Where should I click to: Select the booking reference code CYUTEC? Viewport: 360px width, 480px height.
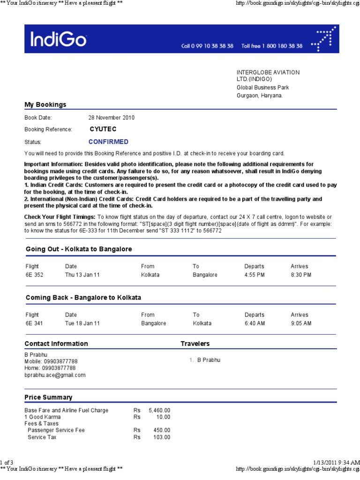pos(103,129)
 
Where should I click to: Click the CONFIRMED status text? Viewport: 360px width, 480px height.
pos(108,142)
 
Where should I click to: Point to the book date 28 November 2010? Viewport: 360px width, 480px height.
pos(112,118)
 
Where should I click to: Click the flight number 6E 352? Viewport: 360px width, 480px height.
pos(34,275)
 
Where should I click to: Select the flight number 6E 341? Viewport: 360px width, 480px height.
pos(34,323)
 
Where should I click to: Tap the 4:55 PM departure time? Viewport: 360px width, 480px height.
pos(255,275)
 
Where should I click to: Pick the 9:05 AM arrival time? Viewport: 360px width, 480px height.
pos(300,323)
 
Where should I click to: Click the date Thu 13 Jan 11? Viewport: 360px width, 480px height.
pos(82,275)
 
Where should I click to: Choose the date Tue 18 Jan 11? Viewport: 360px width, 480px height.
pos(82,323)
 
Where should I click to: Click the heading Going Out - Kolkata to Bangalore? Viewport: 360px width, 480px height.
pos(79,249)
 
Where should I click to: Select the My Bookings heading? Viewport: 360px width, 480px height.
pos(45,105)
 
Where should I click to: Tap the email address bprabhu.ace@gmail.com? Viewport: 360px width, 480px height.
pos(55,375)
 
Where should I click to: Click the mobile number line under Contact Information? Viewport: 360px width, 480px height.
pos(51,361)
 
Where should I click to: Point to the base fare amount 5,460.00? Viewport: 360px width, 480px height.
pos(159,410)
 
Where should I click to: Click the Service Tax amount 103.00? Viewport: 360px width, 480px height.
pos(162,437)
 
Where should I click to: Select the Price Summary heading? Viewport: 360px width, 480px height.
pos(48,397)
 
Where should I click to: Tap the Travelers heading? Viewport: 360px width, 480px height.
pos(195,344)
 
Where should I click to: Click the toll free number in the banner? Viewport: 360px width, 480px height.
pos(272,46)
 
